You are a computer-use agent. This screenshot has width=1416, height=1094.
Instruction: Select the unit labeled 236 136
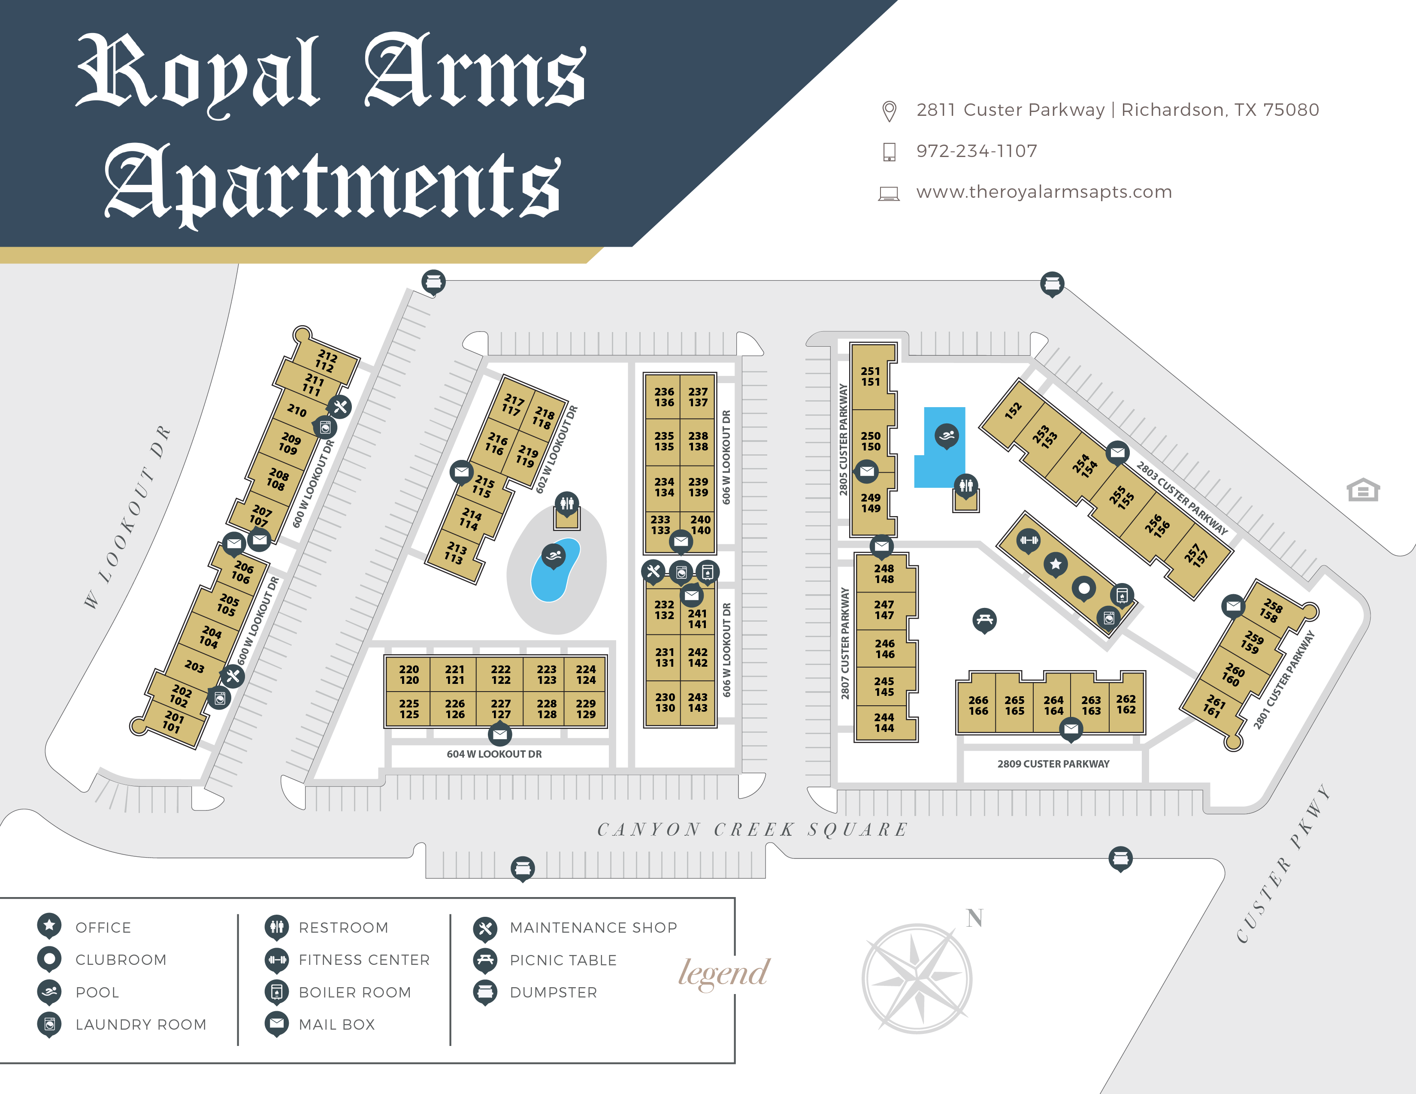[x=664, y=397]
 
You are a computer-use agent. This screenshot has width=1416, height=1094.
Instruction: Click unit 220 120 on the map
[x=408, y=674]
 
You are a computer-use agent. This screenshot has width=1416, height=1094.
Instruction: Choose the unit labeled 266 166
[x=978, y=705]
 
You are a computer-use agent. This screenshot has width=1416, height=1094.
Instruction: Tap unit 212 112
[x=326, y=361]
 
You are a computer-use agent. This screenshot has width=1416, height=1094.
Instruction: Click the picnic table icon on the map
[x=984, y=620]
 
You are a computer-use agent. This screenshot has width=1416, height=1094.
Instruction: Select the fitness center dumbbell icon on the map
[x=1028, y=540]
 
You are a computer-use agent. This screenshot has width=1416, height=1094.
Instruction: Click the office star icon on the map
[x=1056, y=564]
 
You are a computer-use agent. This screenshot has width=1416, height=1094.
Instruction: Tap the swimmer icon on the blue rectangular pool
[x=947, y=435]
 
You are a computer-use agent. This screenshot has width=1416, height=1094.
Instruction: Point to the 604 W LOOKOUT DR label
[x=494, y=754]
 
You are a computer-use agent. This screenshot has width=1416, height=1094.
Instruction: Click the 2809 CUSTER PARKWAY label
[x=1053, y=764]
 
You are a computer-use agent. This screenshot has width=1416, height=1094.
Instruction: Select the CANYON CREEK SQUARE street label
[x=752, y=830]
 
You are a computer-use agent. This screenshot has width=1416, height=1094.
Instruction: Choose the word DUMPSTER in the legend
[x=553, y=992]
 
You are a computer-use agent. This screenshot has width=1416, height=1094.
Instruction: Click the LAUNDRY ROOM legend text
[x=141, y=1024]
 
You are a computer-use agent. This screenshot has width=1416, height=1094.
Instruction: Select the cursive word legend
[x=723, y=973]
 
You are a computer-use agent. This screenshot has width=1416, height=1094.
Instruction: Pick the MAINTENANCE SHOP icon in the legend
[x=485, y=928]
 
